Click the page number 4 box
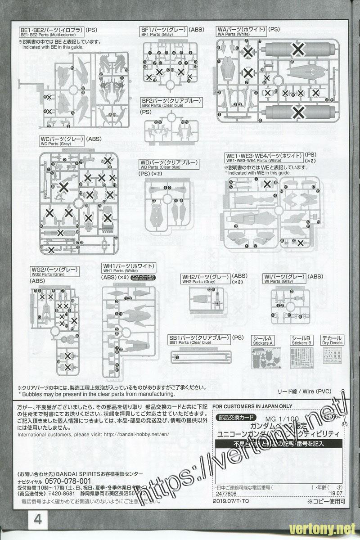pyautogui.click(x=37, y=520)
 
